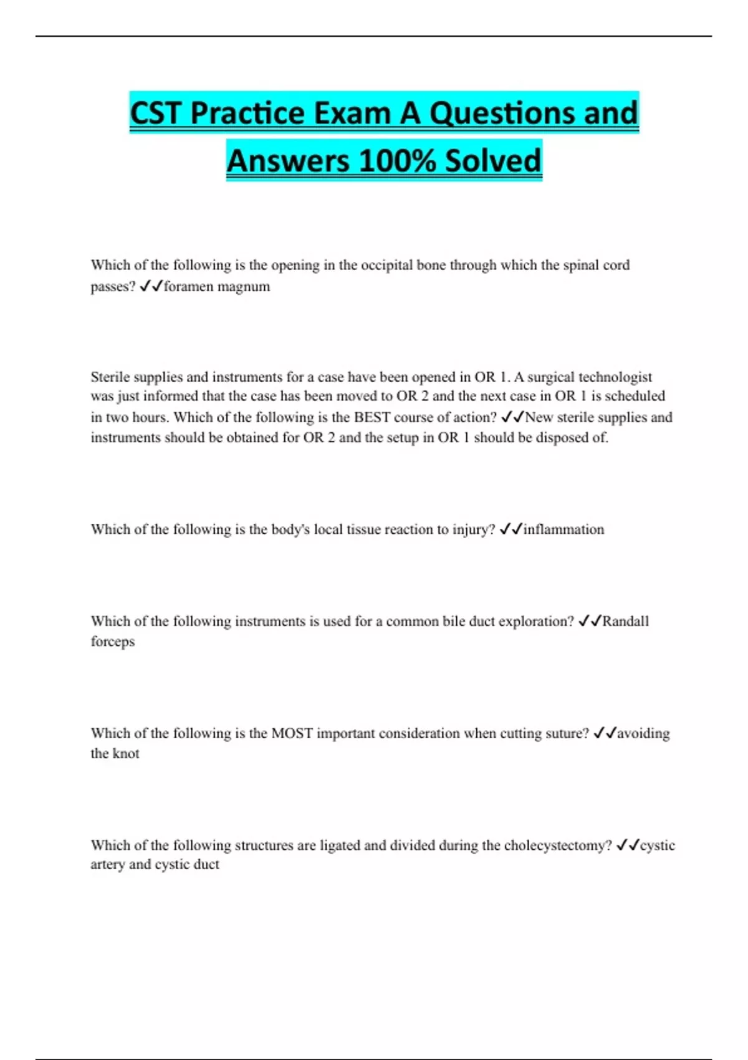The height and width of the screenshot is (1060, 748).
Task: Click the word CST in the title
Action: pyautogui.click(x=156, y=113)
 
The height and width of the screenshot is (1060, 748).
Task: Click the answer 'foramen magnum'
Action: pyautogui.click(x=217, y=287)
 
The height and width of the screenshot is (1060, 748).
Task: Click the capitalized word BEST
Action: pyautogui.click(x=372, y=417)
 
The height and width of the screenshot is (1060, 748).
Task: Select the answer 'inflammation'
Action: pyautogui.click(x=563, y=529)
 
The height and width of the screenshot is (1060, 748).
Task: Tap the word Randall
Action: pyautogui.click(x=625, y=621)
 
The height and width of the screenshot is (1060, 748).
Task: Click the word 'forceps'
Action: pyautogui.click(x=113, y=642)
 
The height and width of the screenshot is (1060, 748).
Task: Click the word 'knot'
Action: pyautogui.click(x=126, y=754)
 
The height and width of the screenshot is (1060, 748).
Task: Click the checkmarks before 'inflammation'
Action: pyautogui.click(x=511, y=529)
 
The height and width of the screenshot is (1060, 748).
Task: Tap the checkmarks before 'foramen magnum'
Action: pyautogui.click(x=151, y=287)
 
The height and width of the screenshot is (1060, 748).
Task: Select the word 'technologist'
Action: pyautogui.click(x=615, y=377)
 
